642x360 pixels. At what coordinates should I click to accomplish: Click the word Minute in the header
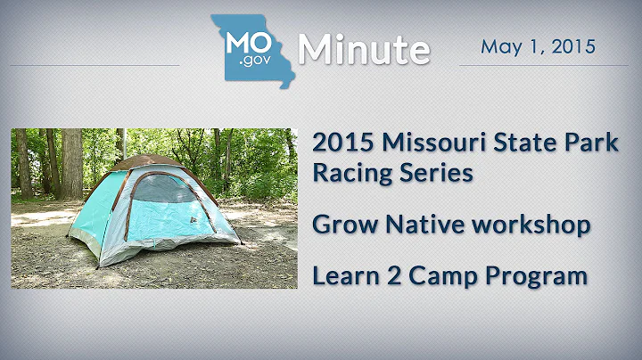tap(364, 50)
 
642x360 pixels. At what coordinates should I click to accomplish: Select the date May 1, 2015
tap(538, 45)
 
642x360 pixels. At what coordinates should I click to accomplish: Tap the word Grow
tap(339, 225)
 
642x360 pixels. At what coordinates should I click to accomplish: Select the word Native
tap(412, 225)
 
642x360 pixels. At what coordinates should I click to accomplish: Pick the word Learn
tap(341, 276)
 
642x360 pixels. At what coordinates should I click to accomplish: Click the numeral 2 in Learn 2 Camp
tap(386, 276)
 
